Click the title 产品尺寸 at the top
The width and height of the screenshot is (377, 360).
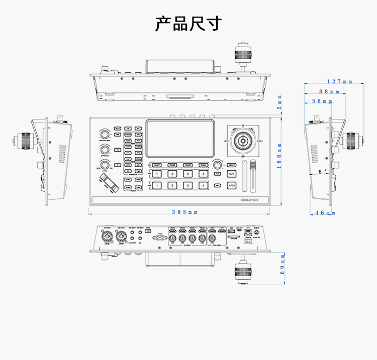click(x=188, y=23)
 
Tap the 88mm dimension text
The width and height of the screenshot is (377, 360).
click(x=329, y=91)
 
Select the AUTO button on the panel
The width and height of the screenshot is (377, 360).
click(x=232, y=186)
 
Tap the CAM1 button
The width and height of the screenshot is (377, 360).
click(x=157, y=165)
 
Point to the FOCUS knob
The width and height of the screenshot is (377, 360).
click(x=105, y=165)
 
